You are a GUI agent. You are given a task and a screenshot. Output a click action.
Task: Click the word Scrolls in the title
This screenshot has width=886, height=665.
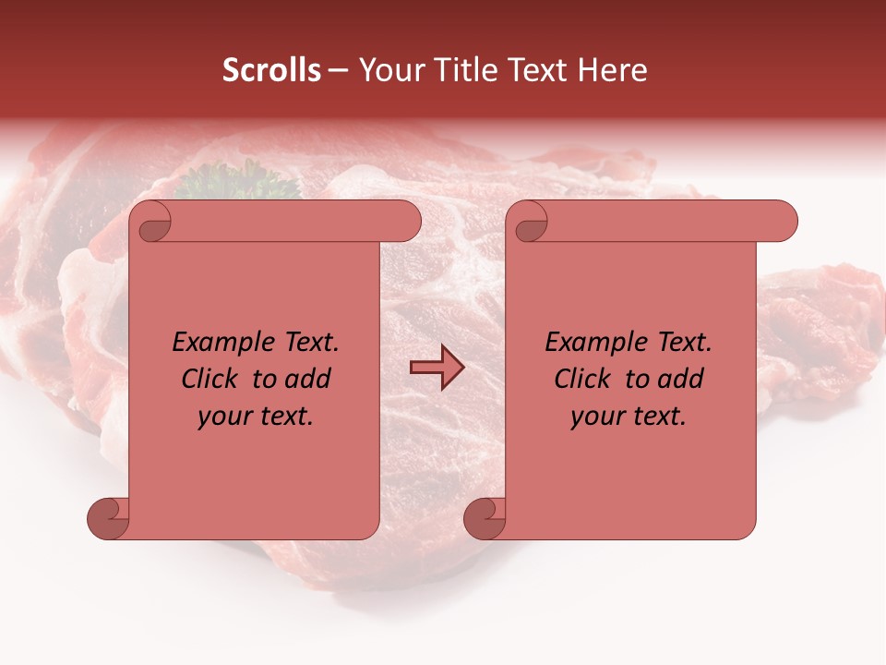[271, 70]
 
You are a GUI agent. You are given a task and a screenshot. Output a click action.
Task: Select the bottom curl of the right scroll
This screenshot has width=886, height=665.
[485, 519]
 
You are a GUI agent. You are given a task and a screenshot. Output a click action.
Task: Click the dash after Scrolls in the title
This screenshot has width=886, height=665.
[338, 71]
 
